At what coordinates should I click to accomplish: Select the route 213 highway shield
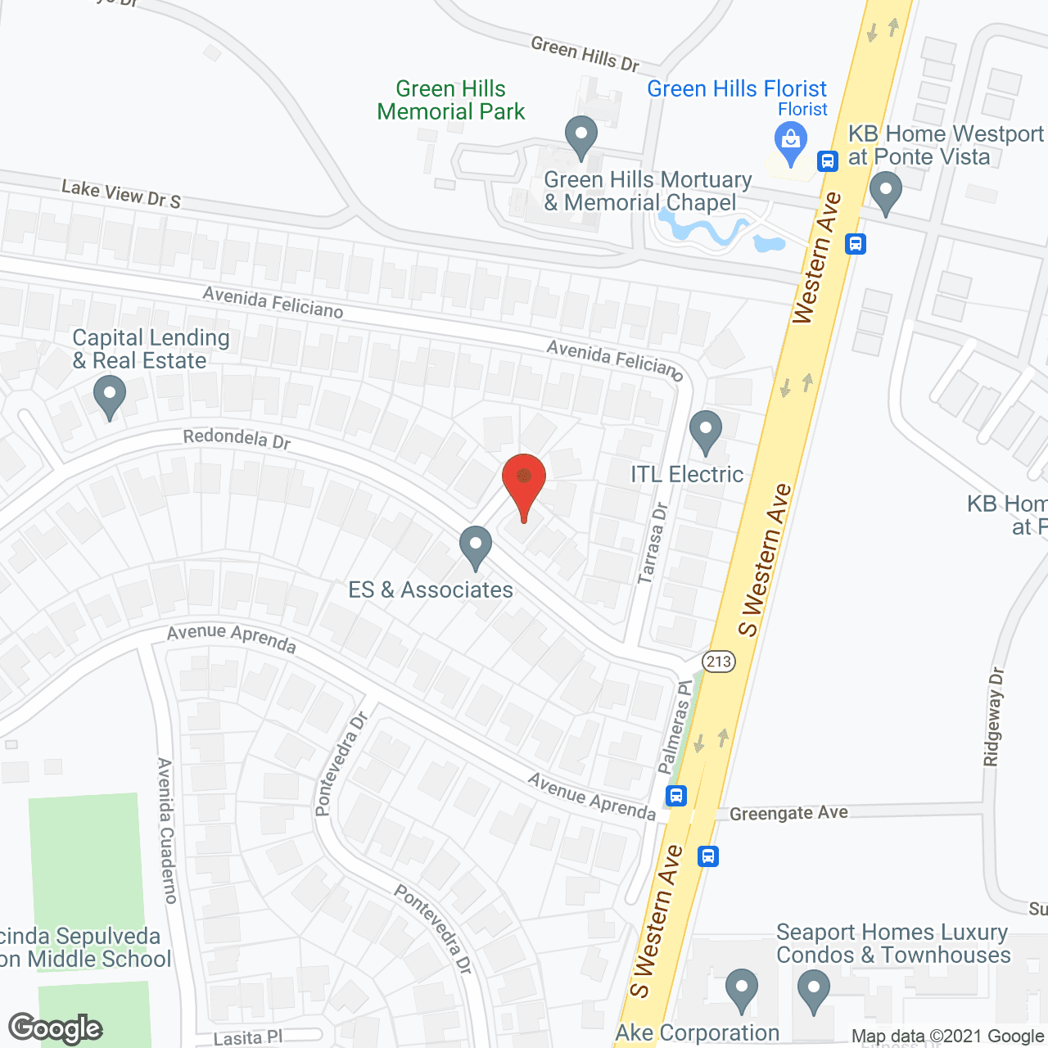pyautogui.click(x=718, y=661)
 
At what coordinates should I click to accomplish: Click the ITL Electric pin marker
pyautogui.click(x=705, y=431)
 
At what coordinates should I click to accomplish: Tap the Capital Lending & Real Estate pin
pyautogui.click(x=110, y=396)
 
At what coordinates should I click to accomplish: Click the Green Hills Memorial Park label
pyautogui.click(x=451, y=100)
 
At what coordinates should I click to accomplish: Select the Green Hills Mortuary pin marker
pyautogui.click(x=580, y=137)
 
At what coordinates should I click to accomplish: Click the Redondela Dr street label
pyautogui.click(x=237, y=439)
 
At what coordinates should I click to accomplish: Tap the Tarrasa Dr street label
pyautogui.click(x=653, y=543)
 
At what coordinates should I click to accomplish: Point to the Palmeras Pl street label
pyautogui.click(x=675, y=727)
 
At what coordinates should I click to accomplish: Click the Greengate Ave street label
pyautogui.click(x=788, y=813)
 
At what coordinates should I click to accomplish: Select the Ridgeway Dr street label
pyautogui.click(x=993, y=716)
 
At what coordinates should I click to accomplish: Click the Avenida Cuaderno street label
pyautogui.click(x=166, y=830)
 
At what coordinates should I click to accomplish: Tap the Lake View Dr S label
pyautogui.click(x=121, y=194)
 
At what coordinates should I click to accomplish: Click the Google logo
pyautogui.click(x=55, y=1028)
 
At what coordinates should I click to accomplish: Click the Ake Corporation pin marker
pyautogui.click(x=741, y=989)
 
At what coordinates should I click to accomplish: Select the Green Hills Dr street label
pyautogui.click(x=585, y=54)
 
